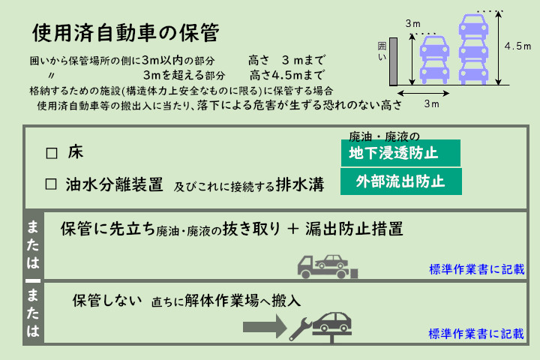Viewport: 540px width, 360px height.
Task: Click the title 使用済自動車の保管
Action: tap(125, 34)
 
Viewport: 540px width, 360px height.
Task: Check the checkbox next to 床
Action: tap(52, 153)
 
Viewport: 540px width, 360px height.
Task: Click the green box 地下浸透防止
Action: tap(400, 153)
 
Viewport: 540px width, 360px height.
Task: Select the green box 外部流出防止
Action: tap(400, 181)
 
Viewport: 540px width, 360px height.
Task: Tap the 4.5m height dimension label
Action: tap(518, 46)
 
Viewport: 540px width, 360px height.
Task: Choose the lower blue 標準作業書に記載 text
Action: tap(478, 332)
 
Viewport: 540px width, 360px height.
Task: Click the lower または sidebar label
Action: tap(33, 312)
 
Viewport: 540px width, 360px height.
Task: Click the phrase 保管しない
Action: tap(107, 301)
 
